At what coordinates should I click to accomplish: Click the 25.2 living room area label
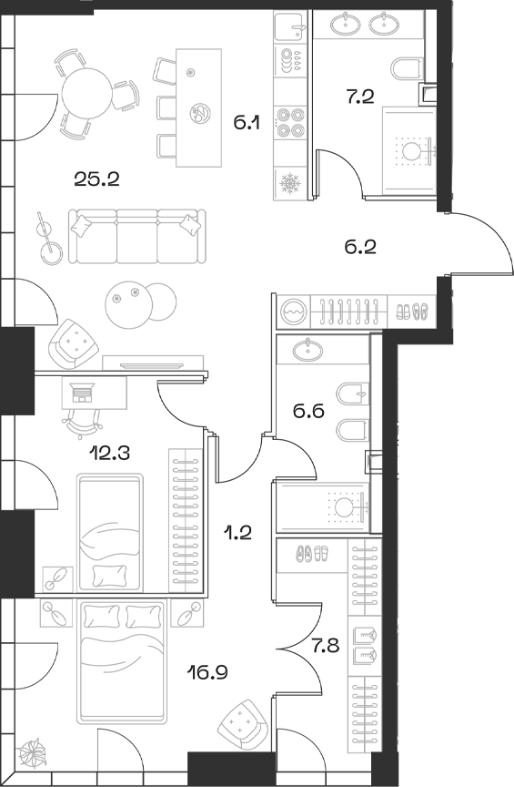(x=97, y=177)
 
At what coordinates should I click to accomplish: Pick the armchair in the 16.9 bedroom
(x=241, y=725)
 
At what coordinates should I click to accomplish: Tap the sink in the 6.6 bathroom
(x=305, y=349)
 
